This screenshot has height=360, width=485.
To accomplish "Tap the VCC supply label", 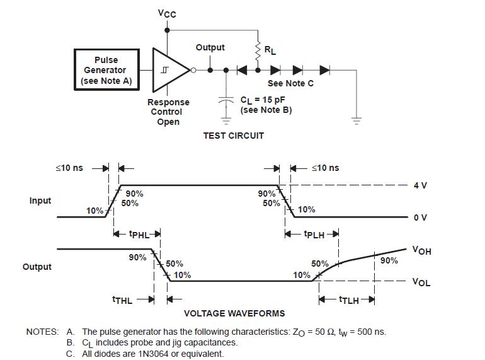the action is [x=167, y=14].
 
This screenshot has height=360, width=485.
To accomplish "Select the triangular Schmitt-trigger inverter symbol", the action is [x=171, y=70].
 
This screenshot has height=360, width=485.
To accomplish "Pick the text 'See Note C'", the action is [x=290, y=83].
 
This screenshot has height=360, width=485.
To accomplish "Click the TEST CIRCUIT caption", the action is [x=234, y=136].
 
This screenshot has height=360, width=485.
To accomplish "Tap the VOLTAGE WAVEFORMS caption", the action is [x=234, y=313].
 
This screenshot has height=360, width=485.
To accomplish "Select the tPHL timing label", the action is [x=139, y=235].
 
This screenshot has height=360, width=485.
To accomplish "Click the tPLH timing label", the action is [x=314, y=235].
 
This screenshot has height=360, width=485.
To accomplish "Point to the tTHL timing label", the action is [x=122, y=300].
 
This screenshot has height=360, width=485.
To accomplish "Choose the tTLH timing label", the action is [x=349, y=300].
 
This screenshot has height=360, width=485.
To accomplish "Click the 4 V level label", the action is [x=420, y=185].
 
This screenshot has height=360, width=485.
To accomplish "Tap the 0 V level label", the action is [x=420, y=218].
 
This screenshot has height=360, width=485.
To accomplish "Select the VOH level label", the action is [x=421, y=250].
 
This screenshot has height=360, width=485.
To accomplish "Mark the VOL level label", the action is [x=421, y=282].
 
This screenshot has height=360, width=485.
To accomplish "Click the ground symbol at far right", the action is [x=357, y=120].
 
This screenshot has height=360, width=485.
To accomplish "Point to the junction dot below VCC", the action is [x=167, y=30].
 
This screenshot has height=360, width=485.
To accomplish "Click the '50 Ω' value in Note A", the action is [x=323, y=332].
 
